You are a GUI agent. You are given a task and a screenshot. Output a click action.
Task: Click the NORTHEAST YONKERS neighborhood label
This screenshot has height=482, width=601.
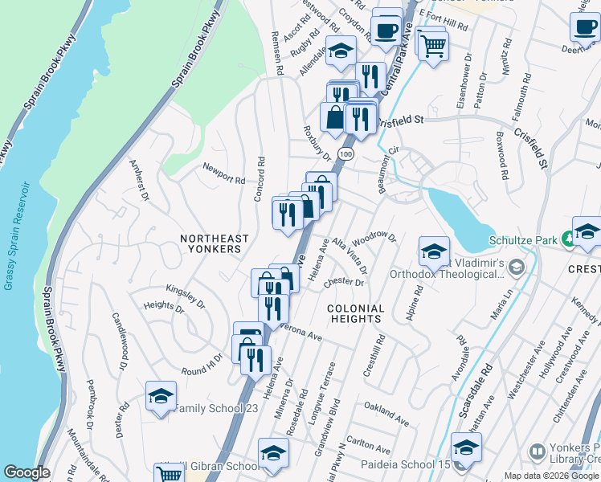tap(210, 243)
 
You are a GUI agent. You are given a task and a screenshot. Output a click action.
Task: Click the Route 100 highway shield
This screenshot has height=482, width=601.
tap(345, 153)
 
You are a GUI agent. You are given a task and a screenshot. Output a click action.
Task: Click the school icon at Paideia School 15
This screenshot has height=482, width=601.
tap(466, 448)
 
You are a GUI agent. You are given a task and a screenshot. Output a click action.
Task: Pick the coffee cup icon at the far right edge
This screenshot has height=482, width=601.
tap(586, 26)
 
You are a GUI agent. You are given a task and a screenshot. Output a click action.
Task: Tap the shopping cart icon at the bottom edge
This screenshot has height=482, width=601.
tap(170, 474)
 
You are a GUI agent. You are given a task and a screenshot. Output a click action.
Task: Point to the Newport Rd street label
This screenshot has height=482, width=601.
tap(224, 179)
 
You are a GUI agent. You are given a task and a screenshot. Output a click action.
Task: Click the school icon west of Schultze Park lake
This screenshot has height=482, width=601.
tap(433, 251)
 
